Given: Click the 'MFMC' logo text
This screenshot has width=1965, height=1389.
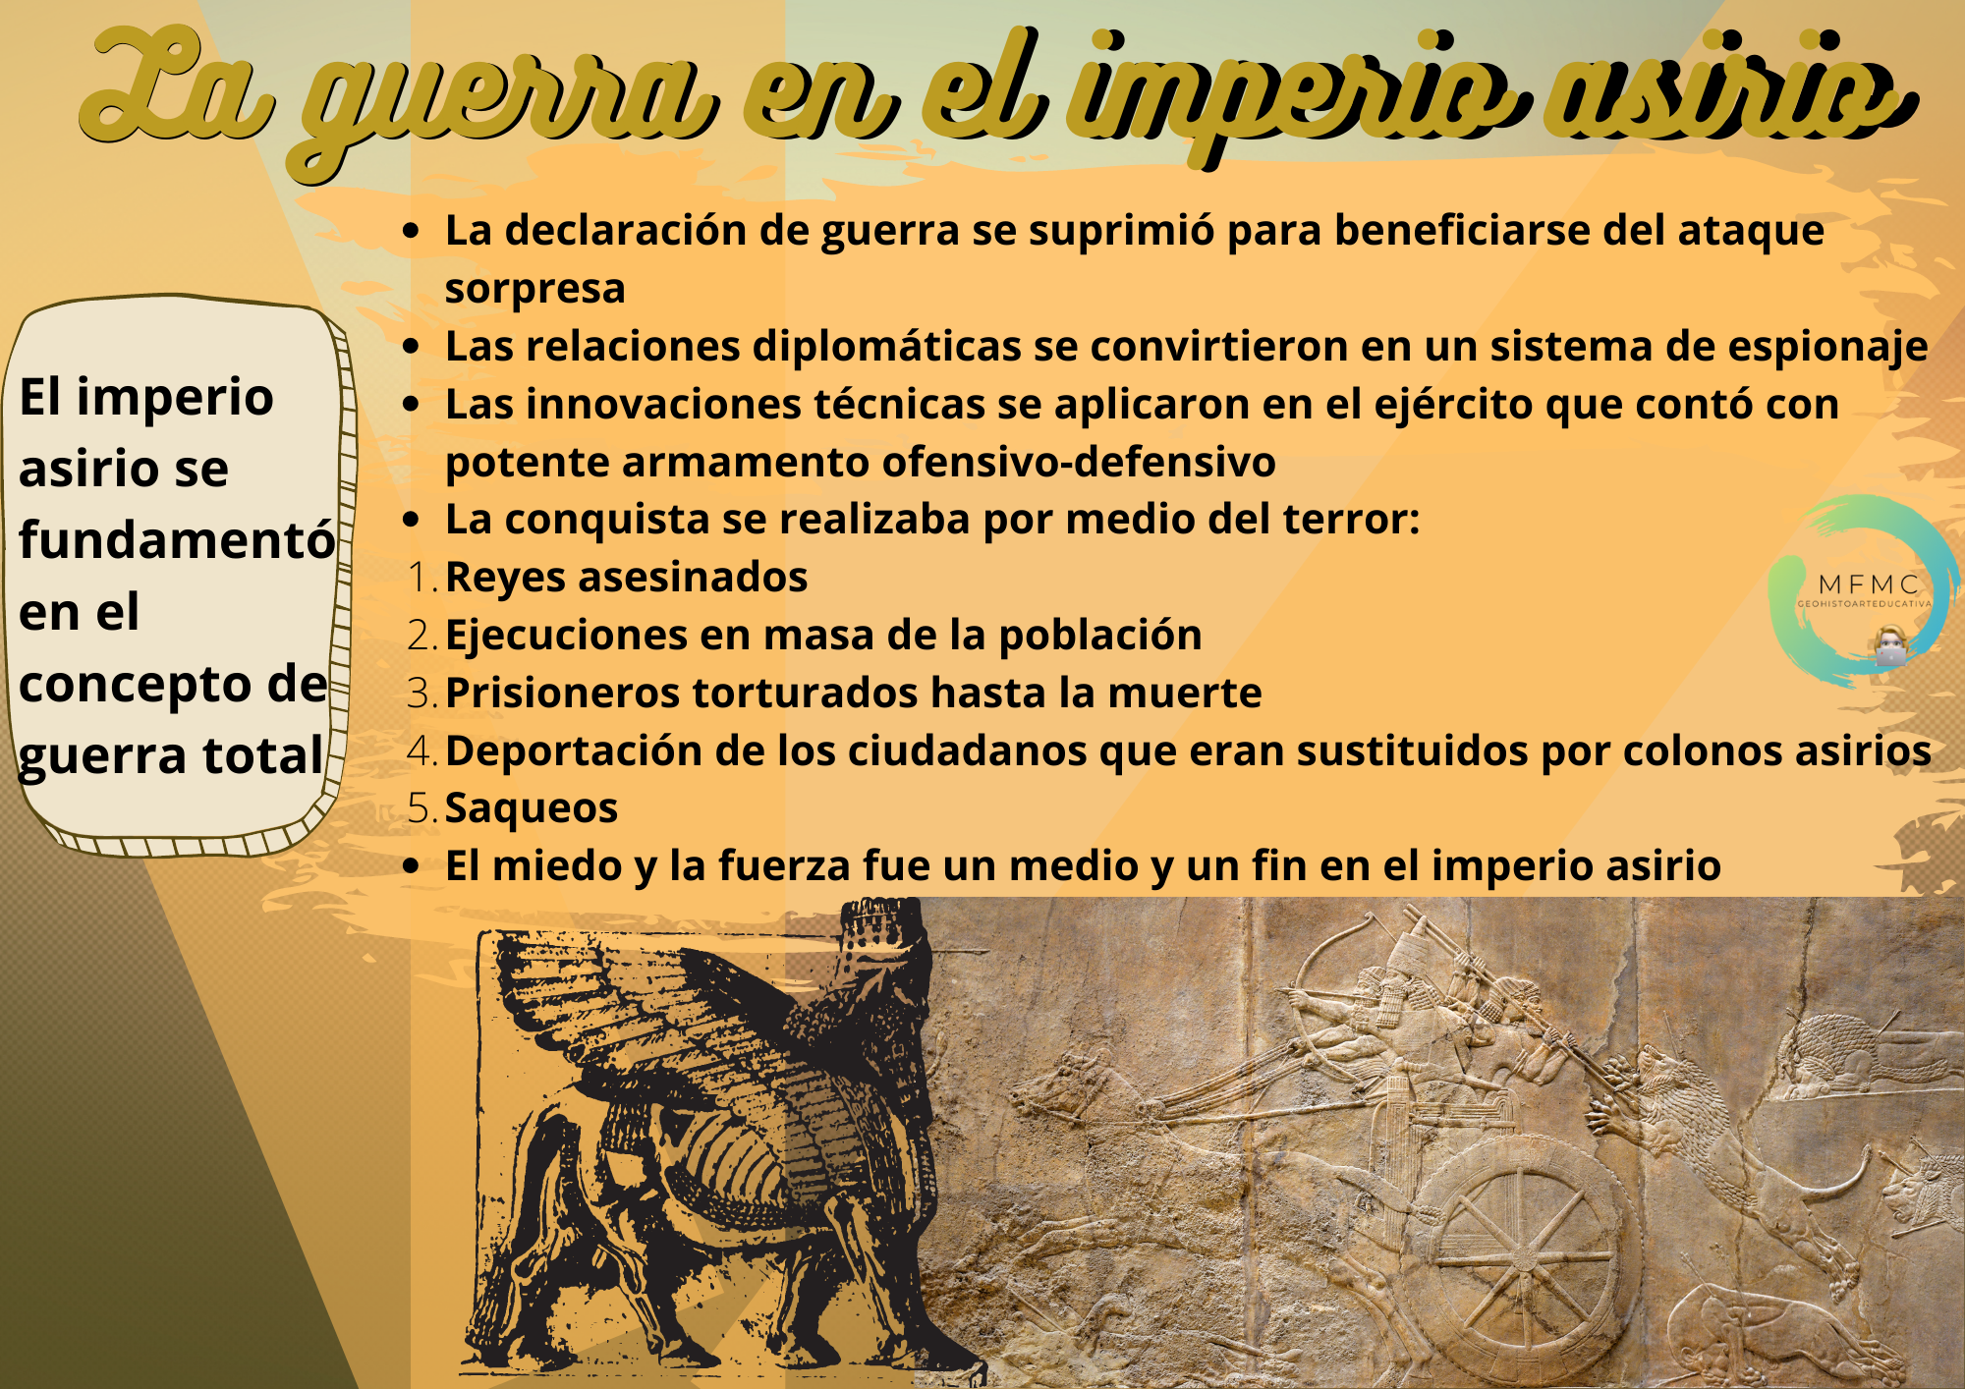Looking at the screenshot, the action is [1869, 585].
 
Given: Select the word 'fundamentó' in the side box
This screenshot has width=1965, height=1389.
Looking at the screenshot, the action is [177, 539].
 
